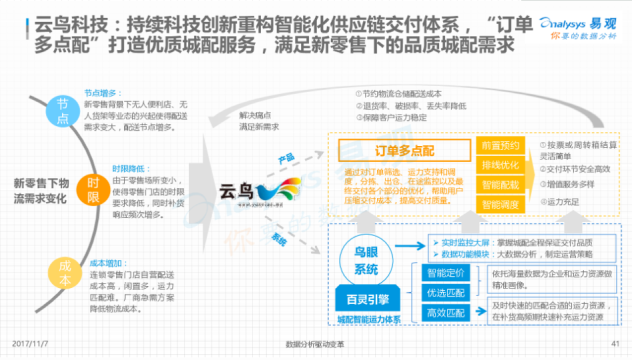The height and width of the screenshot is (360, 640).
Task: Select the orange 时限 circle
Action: coord(93,187)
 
